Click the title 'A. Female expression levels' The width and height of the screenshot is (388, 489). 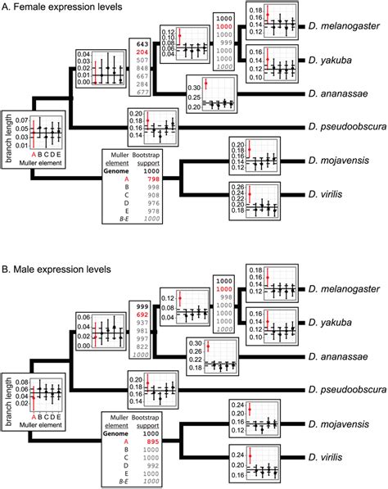click(x=65, y=7)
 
